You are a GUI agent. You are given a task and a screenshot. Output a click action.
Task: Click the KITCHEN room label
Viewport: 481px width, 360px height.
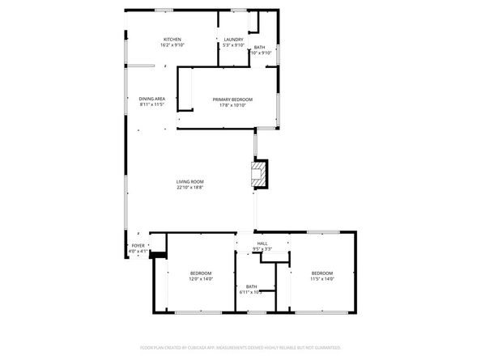click(x=172, y=40)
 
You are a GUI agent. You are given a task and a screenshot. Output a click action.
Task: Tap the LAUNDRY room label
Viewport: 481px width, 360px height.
click(x=234, y=40)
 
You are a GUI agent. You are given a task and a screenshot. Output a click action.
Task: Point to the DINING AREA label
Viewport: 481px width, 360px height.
click(x=152, y=99)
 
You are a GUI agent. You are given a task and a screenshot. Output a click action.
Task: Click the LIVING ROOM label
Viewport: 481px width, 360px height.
click(x=190, y=181)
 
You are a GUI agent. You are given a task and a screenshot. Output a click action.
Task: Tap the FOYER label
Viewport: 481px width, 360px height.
click(x=138, y=245)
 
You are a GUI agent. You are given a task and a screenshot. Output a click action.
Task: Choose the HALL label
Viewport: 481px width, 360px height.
click(x=262, y=244)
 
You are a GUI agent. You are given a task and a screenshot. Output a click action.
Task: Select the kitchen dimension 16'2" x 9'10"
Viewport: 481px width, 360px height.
click(x=172, y=45)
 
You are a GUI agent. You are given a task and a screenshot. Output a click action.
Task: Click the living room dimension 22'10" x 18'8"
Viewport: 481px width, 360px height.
click(x=190, y=187)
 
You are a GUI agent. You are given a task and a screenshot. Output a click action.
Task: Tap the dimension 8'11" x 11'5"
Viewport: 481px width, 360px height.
click(x=152, y=104)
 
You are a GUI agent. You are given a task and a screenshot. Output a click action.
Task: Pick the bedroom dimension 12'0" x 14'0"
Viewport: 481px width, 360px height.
click(x=201, y=279)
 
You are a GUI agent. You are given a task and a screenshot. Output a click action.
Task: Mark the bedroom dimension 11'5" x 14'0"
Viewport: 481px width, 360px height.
click(x=322, y=279)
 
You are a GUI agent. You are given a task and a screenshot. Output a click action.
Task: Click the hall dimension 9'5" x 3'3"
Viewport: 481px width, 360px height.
click(x=262, y=249)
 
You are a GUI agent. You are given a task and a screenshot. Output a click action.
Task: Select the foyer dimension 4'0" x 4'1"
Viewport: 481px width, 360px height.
click(x=138, y=251)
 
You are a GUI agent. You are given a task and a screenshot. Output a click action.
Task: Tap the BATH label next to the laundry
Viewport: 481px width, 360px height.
click(x=259, y=48)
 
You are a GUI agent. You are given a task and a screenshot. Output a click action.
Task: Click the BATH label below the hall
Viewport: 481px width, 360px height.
click(x=252, y=286)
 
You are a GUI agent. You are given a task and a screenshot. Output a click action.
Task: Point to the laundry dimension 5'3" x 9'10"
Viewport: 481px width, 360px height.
click(x=234, y=45)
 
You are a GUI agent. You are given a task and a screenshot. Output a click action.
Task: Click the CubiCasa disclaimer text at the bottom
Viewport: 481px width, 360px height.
click(x=240, y=349)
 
